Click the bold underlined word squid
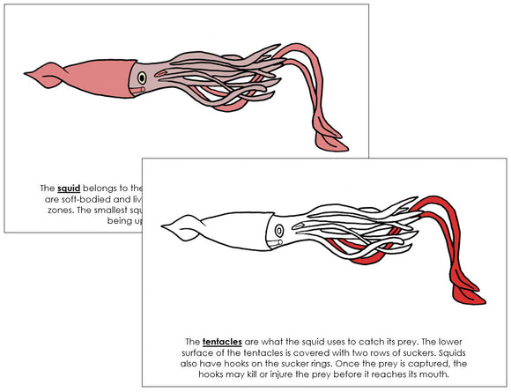point(67,188)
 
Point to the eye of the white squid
point(279,231)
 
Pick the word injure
point(271,374)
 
